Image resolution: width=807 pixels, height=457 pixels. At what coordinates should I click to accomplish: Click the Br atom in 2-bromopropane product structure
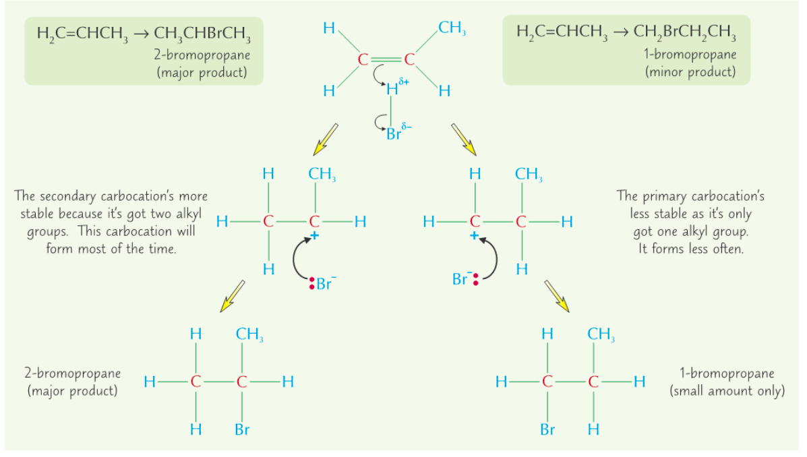[x=242, y=429]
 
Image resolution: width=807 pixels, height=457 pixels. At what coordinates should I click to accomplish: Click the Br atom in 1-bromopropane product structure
[x=547, y=429]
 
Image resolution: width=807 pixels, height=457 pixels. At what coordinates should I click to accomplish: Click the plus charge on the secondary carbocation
[x=314, y=236]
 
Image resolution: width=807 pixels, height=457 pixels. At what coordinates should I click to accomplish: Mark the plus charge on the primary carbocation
[x=474, y=236]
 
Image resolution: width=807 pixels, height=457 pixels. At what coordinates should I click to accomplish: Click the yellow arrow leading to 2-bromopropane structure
[x=231, y=296]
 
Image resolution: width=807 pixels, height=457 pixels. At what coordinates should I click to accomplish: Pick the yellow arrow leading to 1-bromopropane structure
[x=556, y=296]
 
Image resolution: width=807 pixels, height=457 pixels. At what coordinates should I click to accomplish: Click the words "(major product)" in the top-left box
[x=201, y=72]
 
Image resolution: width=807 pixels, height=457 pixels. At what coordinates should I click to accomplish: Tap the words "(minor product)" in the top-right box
[x=690, y=71]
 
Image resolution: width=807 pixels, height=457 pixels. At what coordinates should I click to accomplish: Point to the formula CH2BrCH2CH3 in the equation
[x=685, y=32]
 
